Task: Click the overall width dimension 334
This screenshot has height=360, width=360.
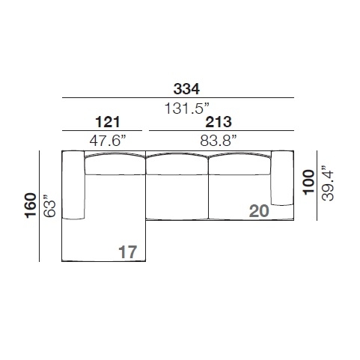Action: [186, 89]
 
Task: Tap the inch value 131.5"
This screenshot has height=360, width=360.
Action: [186, 109]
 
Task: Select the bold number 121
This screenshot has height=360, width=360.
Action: [108, 122]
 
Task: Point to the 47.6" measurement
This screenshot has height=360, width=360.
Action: [109, 141]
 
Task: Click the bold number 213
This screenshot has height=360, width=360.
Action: [219, 122]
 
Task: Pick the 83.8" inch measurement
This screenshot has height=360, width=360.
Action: [219, 141]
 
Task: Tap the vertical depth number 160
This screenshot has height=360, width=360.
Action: [31, 206]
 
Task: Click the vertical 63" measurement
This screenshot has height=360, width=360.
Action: [49, 206]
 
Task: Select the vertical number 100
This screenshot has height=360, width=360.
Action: [309, 181]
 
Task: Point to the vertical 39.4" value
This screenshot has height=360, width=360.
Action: [327, 183]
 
